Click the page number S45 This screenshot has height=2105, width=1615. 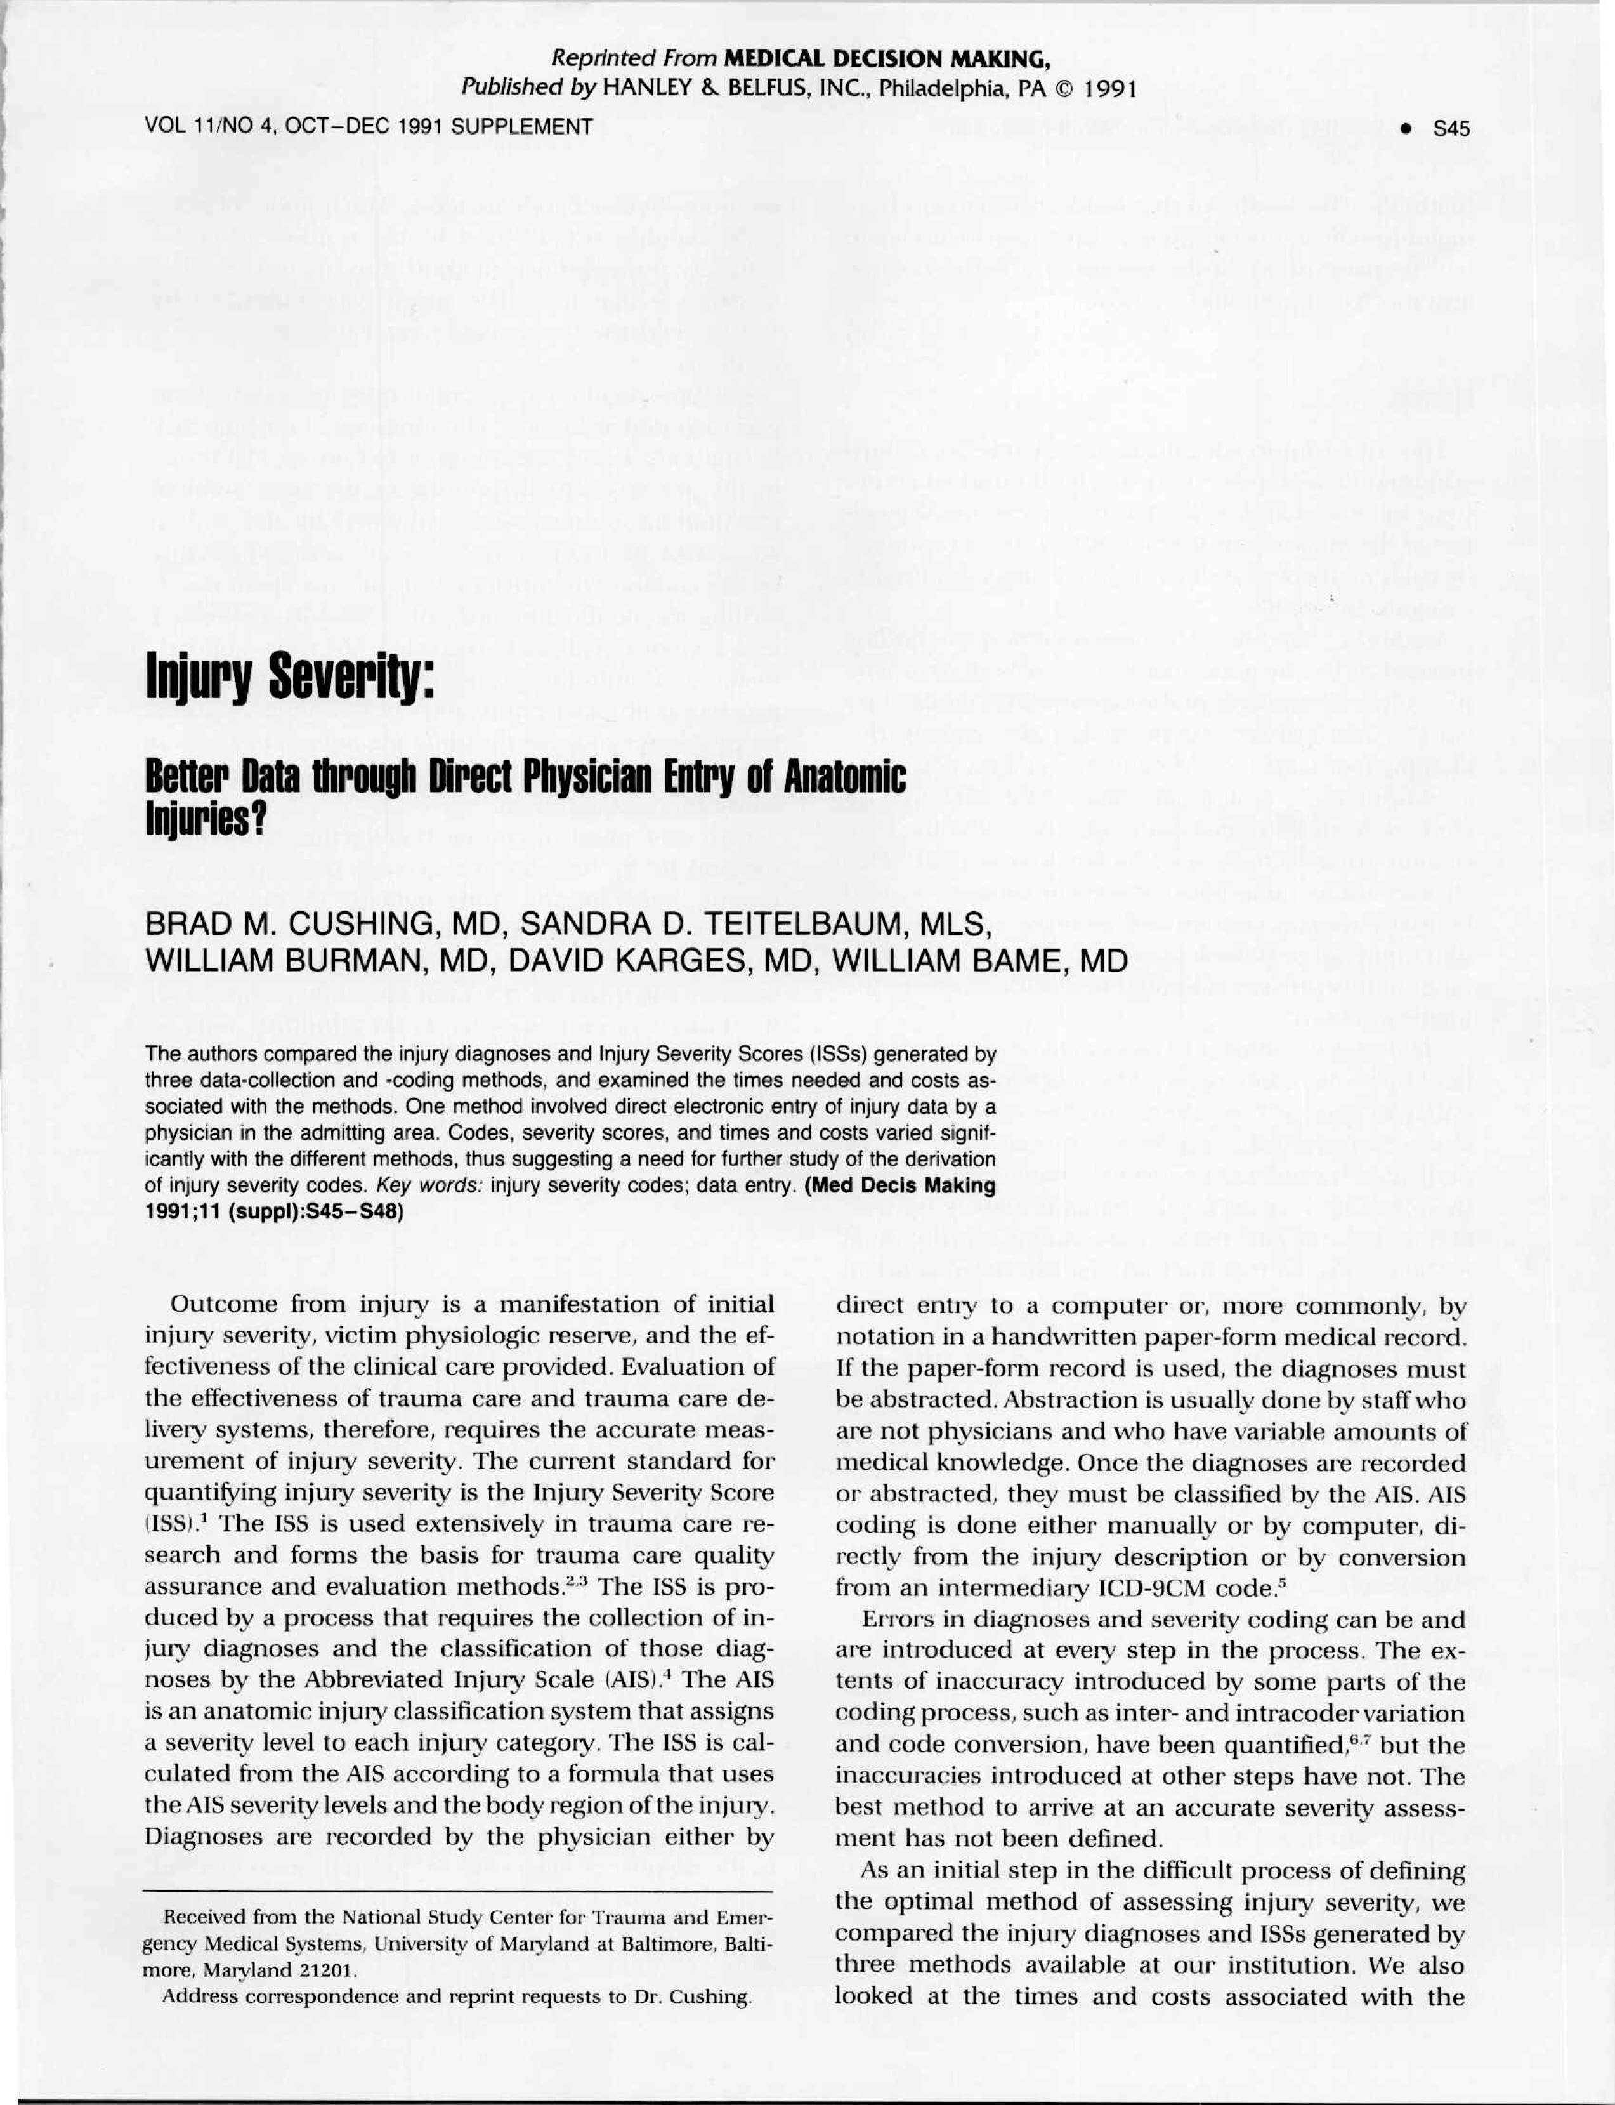[1451, 128]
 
